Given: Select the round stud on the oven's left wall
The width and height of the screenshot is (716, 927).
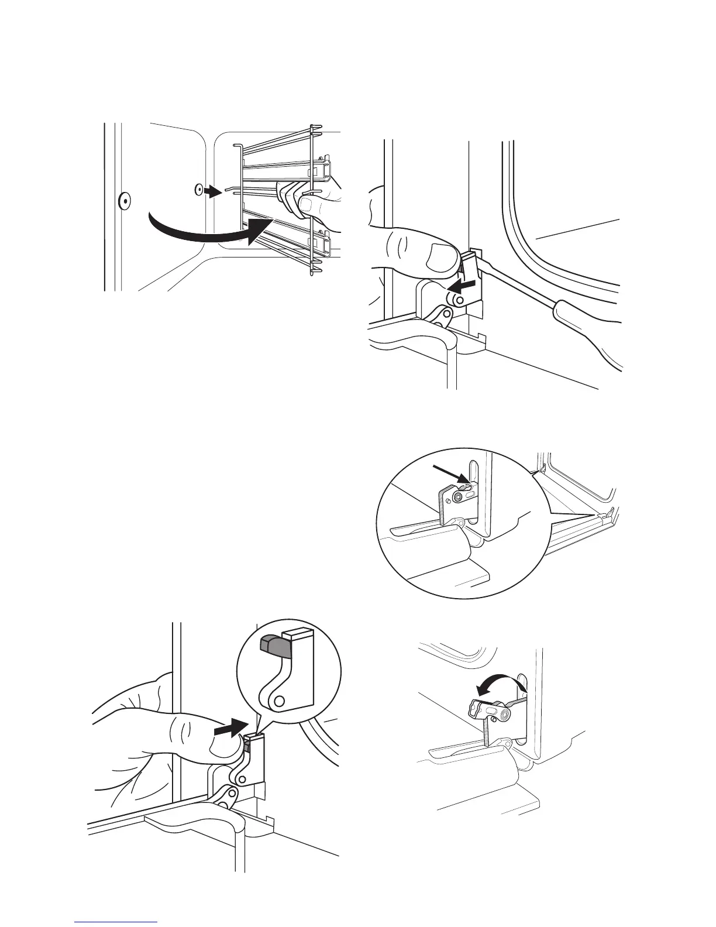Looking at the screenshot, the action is click(124, 201).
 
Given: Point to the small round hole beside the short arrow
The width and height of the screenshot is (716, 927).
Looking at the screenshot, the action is click(199, 189).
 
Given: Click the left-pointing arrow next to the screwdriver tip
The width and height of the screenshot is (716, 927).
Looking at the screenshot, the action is click(461, 285).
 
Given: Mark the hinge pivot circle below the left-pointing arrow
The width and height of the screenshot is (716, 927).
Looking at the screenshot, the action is click(460, 300).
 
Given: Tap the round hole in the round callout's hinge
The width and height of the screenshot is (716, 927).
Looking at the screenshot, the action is click(280, 700).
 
